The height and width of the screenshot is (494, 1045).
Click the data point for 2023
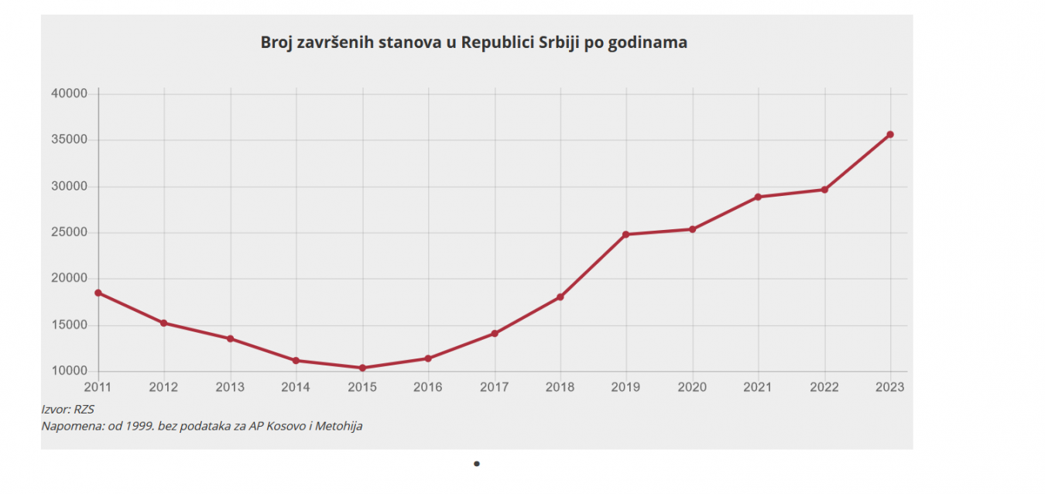tap(890, 135)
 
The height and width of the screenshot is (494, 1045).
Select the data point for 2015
tap(362, 368)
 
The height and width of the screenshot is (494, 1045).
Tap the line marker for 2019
tap(626, 234)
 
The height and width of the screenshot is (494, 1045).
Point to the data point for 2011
tap(98, 293)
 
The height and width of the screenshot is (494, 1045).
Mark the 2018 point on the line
tap(560, 297)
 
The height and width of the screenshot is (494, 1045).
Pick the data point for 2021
tap(759, 197)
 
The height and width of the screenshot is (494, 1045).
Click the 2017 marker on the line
tap(495, 334)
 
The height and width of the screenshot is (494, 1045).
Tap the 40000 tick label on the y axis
tap(70, 94)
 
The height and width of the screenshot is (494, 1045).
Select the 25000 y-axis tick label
tap(70, 232)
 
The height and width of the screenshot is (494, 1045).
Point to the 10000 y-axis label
tap(70, 371)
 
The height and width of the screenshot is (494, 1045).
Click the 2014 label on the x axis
tap(296, 387)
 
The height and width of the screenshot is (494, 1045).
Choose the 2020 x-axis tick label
tap(692, 387)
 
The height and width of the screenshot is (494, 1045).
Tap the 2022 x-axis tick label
tap(824, 387)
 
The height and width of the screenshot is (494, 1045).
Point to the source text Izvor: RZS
tap(67, 409)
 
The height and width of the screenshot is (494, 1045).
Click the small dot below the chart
tap(477, 464)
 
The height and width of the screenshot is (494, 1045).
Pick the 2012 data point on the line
tap(164, 323)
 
